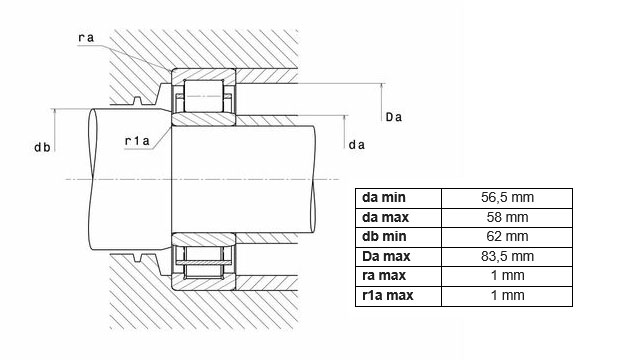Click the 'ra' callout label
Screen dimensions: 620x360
[86, 38]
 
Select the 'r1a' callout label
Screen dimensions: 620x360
[137, 141]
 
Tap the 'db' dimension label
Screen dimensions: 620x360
[42, 147]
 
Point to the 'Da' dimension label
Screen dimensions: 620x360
[394, 117]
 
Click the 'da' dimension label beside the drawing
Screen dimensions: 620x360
[357, 145]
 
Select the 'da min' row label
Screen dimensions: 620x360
[384, 197]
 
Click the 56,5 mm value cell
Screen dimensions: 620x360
[507, 197]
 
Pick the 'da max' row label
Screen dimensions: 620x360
[385, 217]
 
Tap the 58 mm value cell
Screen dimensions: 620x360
[507, 217]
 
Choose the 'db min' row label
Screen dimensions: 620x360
[384, 236]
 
